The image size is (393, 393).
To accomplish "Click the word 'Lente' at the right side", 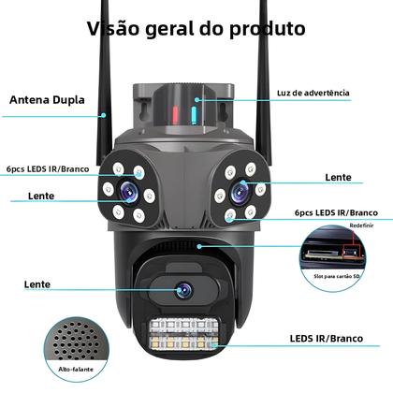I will [x=338, y=175].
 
